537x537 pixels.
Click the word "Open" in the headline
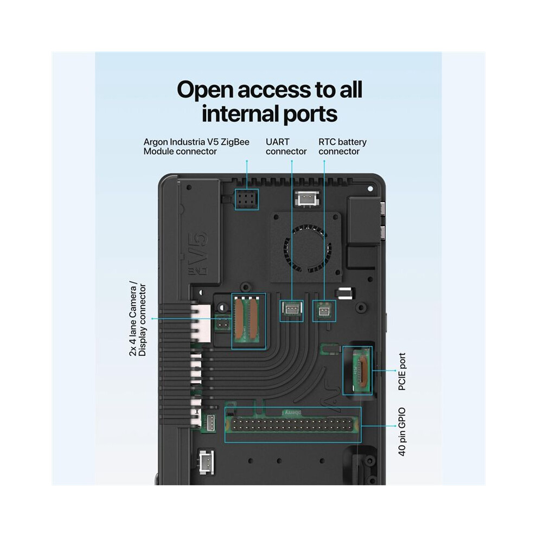point(205,90)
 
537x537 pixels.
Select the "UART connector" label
point(286,146)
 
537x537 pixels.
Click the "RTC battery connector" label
point(342,146)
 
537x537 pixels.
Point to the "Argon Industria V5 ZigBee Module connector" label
point(196,146)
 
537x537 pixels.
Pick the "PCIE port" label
point(402,372)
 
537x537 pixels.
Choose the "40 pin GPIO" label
point(402,432)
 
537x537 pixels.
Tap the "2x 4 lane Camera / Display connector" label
point(138,319)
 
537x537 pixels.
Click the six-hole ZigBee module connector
point(247,199)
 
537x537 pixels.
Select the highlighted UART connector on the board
point(291,310)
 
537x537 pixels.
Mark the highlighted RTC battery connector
point(324,311)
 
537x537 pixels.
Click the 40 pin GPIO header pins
point(292,425)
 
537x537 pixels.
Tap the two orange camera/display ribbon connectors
point(248,321)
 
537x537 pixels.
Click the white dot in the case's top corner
point(370,189)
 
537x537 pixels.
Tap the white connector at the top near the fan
point(307,199)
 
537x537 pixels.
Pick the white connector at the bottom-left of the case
point(206,462)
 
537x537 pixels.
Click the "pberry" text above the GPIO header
point(292,412)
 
